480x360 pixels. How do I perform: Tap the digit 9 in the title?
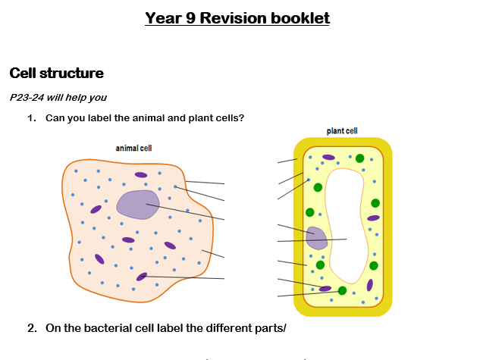click(190, 18)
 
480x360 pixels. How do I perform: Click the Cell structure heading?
click(57, 73)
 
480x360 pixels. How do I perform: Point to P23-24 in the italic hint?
click(27, 97)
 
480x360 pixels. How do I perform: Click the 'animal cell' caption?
click(133, 149)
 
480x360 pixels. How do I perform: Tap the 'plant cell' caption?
click(342, 131)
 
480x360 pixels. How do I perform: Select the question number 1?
click(32, 118)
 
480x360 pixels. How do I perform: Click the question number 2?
click(32, 328)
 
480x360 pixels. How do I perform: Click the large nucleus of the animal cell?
click(138, 205)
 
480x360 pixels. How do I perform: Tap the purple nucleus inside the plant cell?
click(317, 238)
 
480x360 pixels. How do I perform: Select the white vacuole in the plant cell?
click(346, 225)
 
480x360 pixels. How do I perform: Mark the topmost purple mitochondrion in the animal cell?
click(141, 175)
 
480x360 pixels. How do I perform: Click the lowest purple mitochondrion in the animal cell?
click(142, 277)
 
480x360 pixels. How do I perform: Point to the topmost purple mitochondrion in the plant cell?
click(328, 157)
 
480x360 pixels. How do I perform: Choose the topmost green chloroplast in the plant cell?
click(359, 158)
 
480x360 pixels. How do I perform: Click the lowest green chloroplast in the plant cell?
click(342, 290)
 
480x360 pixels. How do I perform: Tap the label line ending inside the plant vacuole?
click(312, 240)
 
